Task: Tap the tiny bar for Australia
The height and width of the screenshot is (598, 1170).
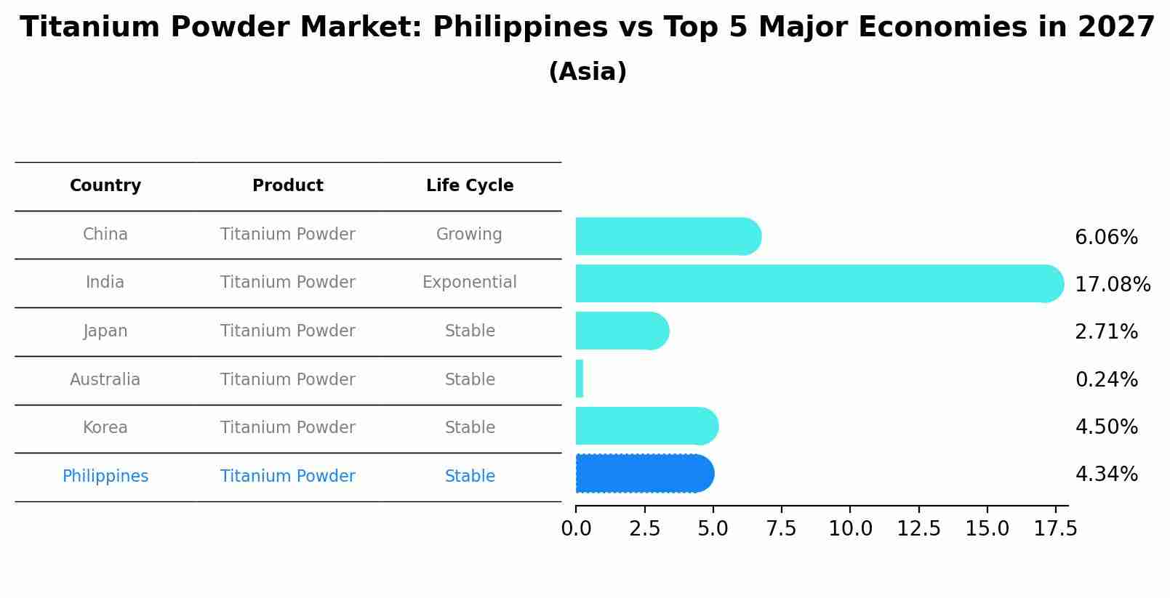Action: tap(580, 379)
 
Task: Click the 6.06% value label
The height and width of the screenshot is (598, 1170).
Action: tap(1106, 238)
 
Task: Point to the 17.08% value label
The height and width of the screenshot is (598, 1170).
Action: tap(1112, 284)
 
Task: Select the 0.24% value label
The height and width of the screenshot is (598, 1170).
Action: tap(1106, 379)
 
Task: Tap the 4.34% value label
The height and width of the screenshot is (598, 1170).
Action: tap(1106, 474)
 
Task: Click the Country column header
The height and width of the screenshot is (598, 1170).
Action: tap(105, 186)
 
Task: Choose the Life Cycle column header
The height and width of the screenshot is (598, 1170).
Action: tap(470, 186)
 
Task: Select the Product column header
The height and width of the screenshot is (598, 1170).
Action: tap(288, 186)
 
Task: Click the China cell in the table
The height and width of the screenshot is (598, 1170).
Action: tap(105, 235)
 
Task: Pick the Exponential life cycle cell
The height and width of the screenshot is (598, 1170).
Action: tap(470, 283)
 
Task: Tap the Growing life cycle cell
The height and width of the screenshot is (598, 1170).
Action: tap(469, 235)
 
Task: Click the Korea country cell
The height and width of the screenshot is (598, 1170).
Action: tap(105, 428)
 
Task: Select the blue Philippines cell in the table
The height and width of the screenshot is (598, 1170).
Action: tap(105, 477)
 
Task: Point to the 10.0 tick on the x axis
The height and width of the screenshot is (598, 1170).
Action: tap(850, 529)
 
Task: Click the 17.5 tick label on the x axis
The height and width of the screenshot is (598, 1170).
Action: tap(1056, 529)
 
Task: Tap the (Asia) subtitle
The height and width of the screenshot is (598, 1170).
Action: tap(588, 72)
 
